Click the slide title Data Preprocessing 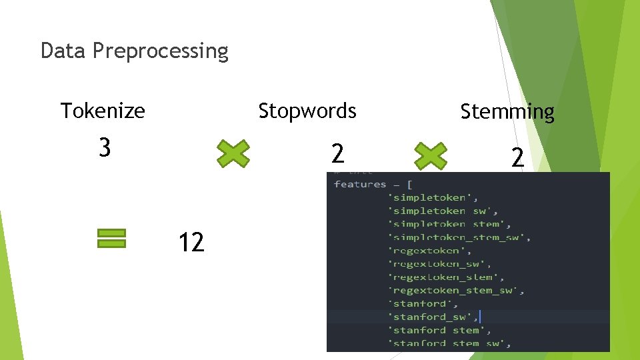[134, 51]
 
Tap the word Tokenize [103, 110]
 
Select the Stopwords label [307, 110]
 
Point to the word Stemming [507, 111]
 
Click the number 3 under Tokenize [104, 147]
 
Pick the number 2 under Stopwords [338, 154]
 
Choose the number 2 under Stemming [517, 157]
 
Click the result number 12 [191, 243]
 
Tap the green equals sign [111, 239]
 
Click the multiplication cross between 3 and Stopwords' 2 [233, 153]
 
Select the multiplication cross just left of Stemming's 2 [430, 155]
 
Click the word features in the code [360, 184]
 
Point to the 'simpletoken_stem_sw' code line [459, 237]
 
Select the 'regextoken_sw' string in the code [439, 264]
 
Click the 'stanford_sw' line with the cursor [432, 317]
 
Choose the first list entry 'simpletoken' [433, 197]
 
